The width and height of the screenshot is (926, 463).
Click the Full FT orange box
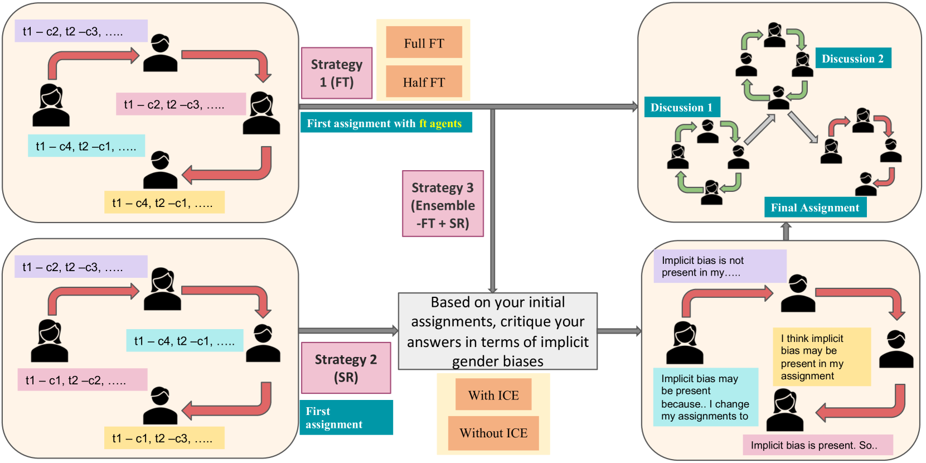[424, 42]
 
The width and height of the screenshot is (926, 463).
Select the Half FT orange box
[424, 81]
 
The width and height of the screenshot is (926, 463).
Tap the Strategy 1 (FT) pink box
[337, 73]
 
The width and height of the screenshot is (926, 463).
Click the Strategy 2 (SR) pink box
[346, 368]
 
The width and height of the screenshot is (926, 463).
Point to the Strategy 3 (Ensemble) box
[443, 204]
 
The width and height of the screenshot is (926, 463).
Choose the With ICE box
[493, 394]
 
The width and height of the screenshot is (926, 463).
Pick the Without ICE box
[493, 433]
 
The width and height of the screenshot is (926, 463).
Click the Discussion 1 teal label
[682, 107]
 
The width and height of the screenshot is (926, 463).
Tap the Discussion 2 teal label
[853, 58]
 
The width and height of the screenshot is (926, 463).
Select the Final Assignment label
[815, 207]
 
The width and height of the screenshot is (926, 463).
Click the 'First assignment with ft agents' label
[386, 123]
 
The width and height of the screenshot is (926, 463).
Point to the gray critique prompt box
[498, 331]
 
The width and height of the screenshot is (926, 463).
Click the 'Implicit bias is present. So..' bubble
[818, 445]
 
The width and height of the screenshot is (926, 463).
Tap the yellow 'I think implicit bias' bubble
[822, 356]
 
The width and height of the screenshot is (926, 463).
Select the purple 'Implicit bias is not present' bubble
[720, 266]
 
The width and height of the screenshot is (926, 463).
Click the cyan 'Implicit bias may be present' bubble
[706, 397]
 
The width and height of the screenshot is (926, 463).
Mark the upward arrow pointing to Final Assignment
[786, 231]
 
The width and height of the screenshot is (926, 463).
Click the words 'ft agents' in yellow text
[440, 123]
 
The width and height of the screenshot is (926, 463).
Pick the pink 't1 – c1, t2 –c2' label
[83, 379]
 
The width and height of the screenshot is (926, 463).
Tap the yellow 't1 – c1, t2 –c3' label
[164, 438]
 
